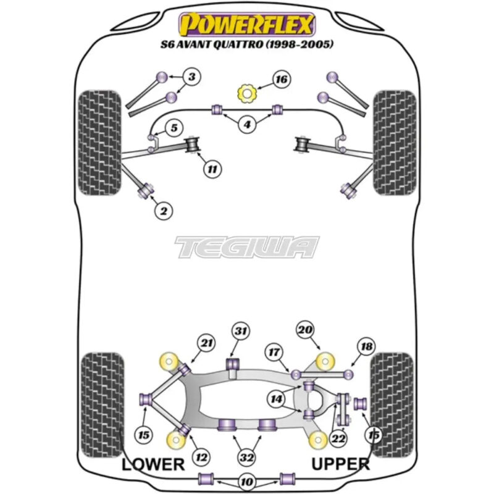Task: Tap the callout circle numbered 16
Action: coord(281,80)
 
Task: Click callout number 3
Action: coord(191,77)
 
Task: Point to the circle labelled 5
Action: coord(174,128)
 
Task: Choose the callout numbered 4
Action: coord(247,125)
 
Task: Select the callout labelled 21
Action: coord(206,343)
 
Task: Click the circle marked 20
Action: coord(304,330)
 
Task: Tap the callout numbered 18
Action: coord(366,348)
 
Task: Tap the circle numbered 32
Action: coord(247,458)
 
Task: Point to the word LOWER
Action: coord(153,464)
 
